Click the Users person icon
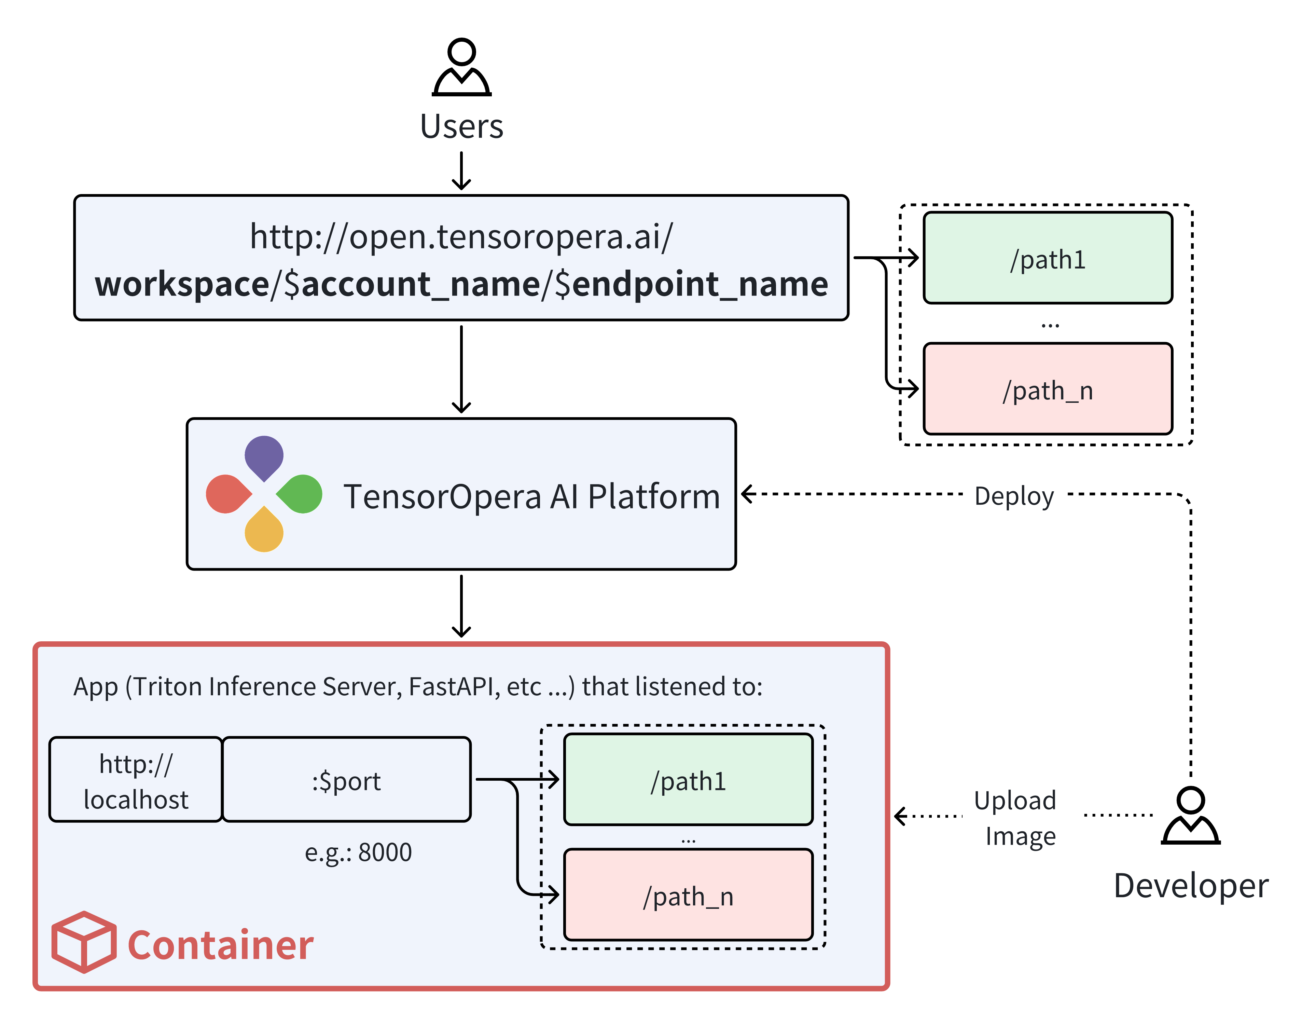tap(461, 67)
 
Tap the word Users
tap(461, 127)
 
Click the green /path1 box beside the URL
tap(1048, 258)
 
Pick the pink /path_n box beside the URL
tap(1048, 389)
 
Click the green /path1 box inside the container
tap(688, 780)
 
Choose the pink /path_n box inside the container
tap(688, 895)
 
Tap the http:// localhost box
tap(136, 780)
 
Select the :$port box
tap(346, 780)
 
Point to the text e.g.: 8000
tap(358, 852)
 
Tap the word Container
tap(220, 945)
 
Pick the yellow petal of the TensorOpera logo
tap(264, 532)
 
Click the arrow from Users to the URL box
tap(461, 171)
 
